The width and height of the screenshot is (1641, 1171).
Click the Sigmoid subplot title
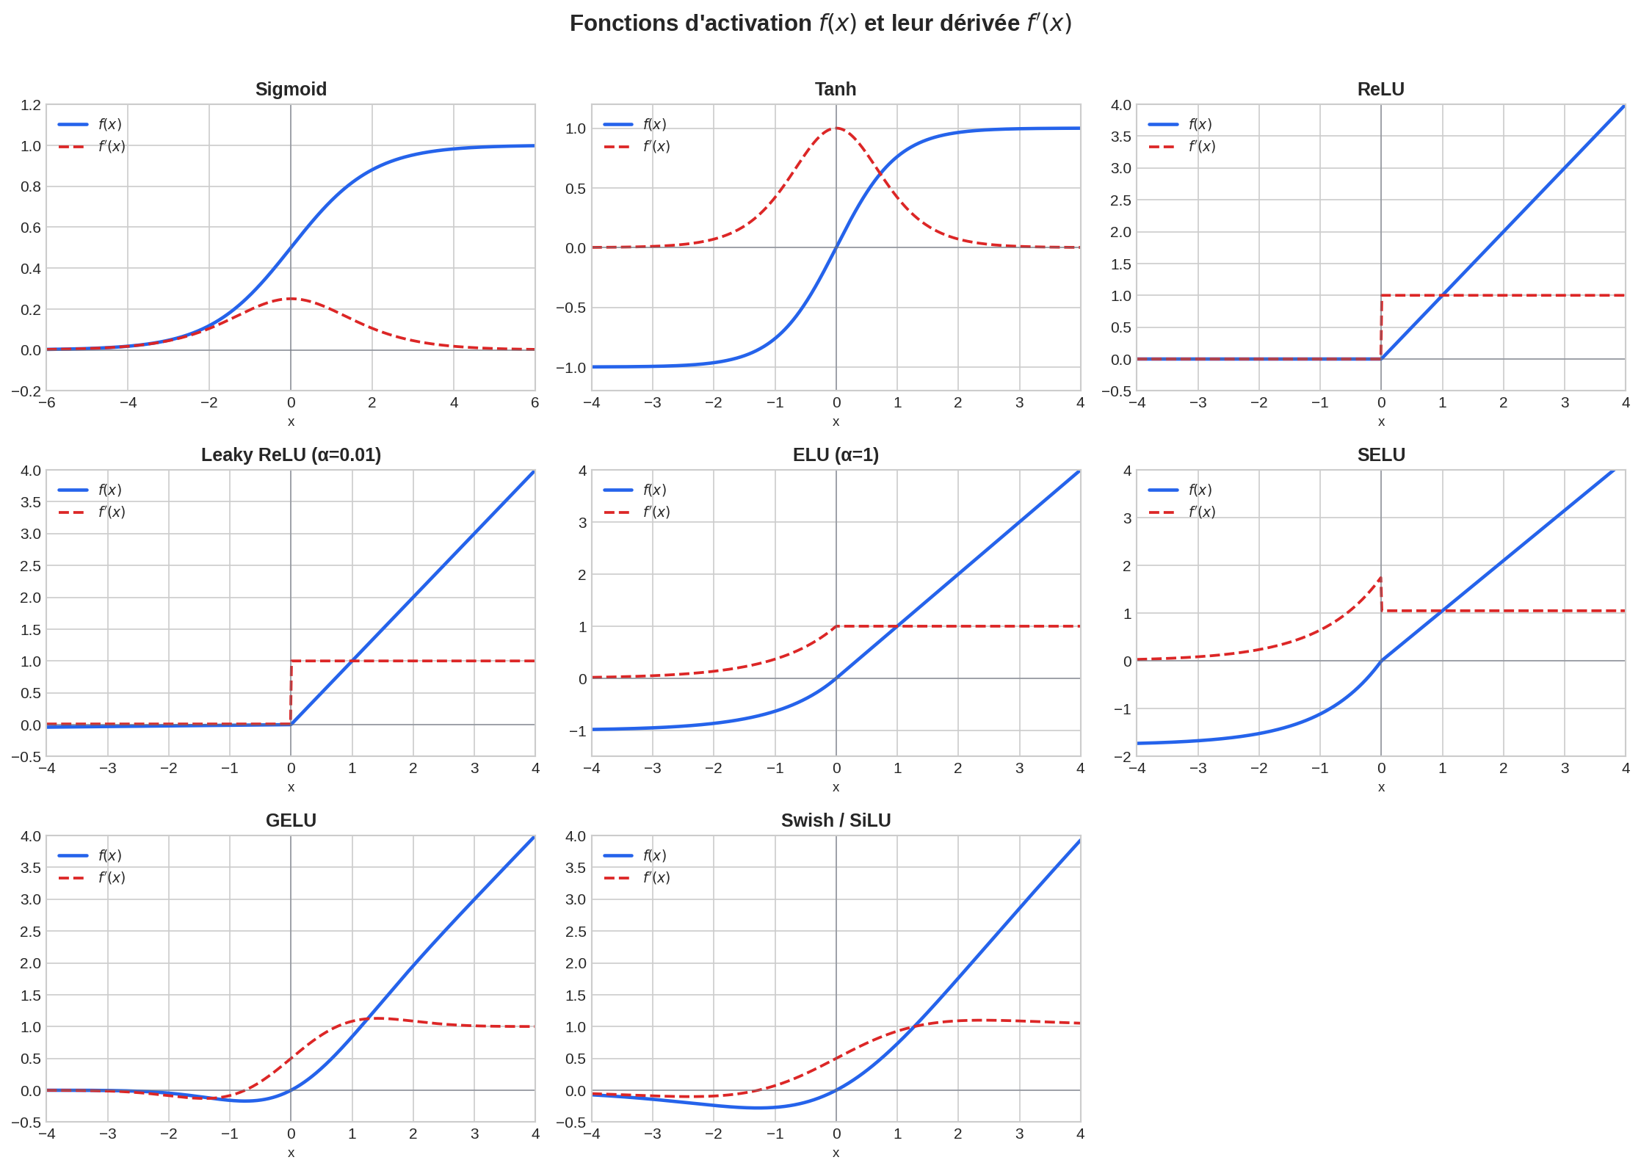coord(291,89)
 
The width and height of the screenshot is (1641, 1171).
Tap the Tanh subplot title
coord(836,89)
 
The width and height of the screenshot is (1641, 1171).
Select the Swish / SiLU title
coord(836,820)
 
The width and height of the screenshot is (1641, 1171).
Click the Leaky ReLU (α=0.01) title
coord(291,454)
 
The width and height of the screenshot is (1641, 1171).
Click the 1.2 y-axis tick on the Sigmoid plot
coord(31,105)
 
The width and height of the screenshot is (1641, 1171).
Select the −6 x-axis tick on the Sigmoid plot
coord(47,402)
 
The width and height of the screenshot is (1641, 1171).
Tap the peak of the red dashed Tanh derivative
coord(836,128)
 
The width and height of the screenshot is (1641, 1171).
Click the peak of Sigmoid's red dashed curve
coord(291,299)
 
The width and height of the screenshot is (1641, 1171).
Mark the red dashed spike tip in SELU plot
coord(1380,578)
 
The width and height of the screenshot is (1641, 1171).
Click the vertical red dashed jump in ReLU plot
coord(1382,327)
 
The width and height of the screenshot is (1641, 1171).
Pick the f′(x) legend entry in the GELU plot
coord(112,877)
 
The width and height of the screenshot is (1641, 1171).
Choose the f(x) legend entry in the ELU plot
coord(654,490)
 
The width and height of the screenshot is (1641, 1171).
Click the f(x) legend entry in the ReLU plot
coord(1200,124)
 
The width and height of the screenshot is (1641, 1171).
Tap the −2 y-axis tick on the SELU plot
coord(1123,756)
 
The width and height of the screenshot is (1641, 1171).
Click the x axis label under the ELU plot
coord(836,787)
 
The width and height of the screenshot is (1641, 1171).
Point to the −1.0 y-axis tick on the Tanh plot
coord(570,367)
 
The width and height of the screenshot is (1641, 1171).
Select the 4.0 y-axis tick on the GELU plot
coord(31,836)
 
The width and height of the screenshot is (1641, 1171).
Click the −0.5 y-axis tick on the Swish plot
coord(570,1123)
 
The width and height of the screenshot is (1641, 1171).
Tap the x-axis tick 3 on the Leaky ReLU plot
coord(474,768)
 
